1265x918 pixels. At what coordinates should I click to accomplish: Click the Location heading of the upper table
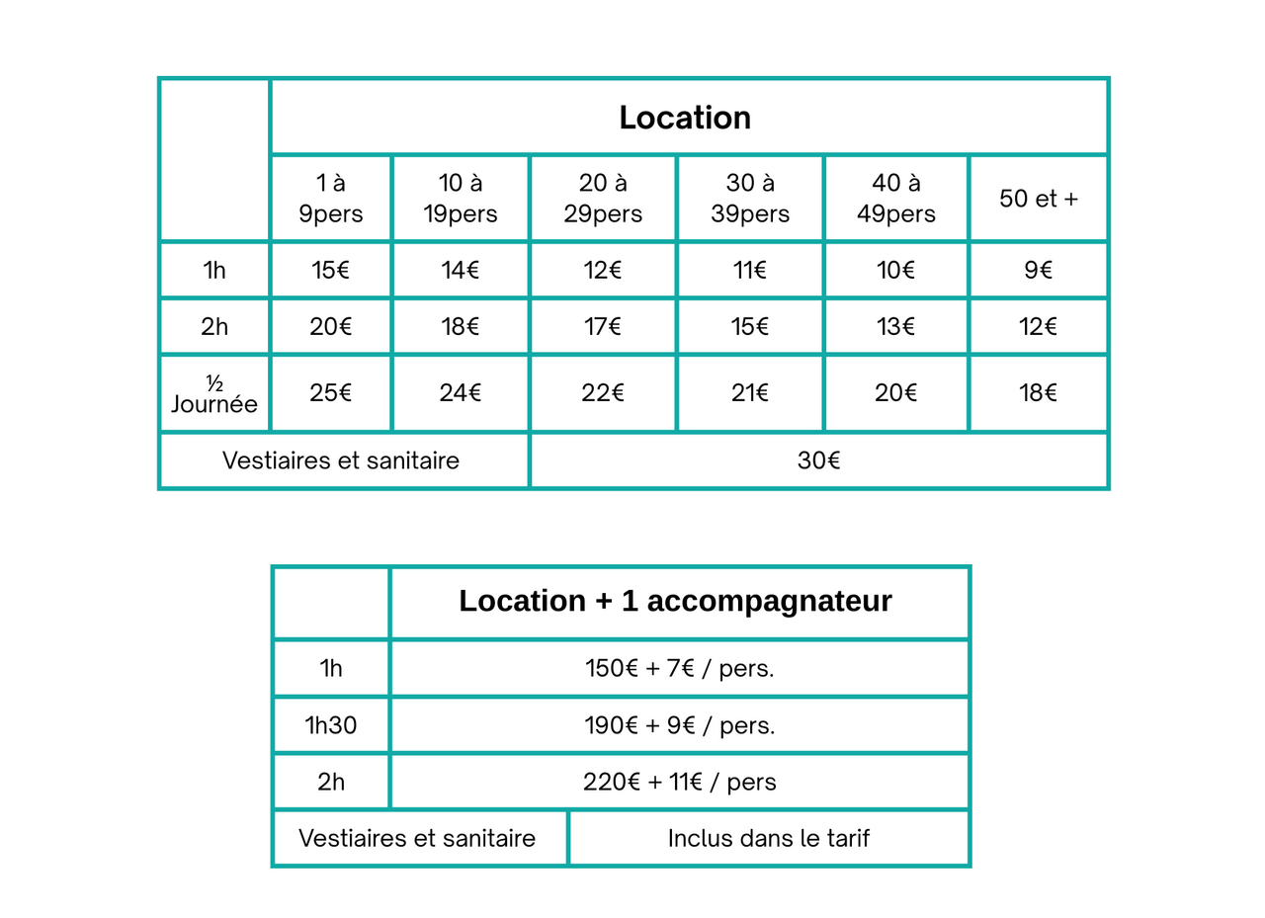pyautogui.click(x=685, y=118)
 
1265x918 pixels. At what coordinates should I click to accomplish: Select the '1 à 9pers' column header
pyautogui.click(x=330, y=199)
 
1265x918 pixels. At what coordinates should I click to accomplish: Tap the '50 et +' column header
pyautogui.click(x=1038, y=199)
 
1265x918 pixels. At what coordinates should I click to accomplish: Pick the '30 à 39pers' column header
pyautogui.click(x=750, y=199)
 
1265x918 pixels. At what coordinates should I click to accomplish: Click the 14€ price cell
pyautogui.click(x=460, y=270)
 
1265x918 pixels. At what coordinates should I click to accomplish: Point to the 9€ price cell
pyautogui.click(x=1038, y=270)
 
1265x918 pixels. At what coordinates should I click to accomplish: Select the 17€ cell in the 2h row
pyautogui.click(x=603, y=327)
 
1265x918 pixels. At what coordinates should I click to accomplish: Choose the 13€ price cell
pyautogui.click(x=895, y=327)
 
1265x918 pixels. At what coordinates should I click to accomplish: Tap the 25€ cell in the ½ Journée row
pyautogui.click(x=330, y=393)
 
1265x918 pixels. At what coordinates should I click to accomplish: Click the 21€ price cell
pyautogui.click(x=750, y=393)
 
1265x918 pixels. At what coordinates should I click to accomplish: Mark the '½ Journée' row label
pyautogui.click(x=214, y=394)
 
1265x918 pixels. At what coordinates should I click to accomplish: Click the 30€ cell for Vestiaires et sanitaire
pyautogui.click(x=818, y=460)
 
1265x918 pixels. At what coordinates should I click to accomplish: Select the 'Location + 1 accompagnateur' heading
pyautogui.click(x=675, y=602)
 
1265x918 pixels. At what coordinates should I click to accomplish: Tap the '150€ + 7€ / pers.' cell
pyautogui.click(x=679, y=668)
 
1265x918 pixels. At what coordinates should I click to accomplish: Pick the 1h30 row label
pyautogui.click(x=331, y=725)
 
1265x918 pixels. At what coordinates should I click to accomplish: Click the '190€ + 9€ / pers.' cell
pyautogui.click(x=679, y=725)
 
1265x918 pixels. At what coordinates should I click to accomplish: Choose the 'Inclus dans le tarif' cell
pyautogui.click(x=768, y=839)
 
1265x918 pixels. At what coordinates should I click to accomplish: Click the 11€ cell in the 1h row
pyautogui.click(x=750, y=270)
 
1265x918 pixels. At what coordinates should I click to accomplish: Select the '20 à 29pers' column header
pyautogui.click(x=603, y=199)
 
